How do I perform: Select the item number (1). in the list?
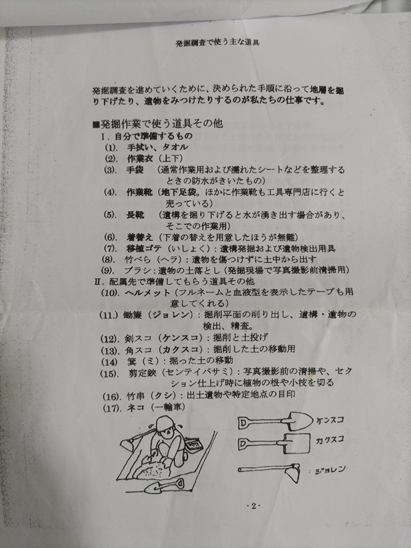[112, 147]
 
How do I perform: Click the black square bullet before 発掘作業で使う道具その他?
[96, 124]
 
